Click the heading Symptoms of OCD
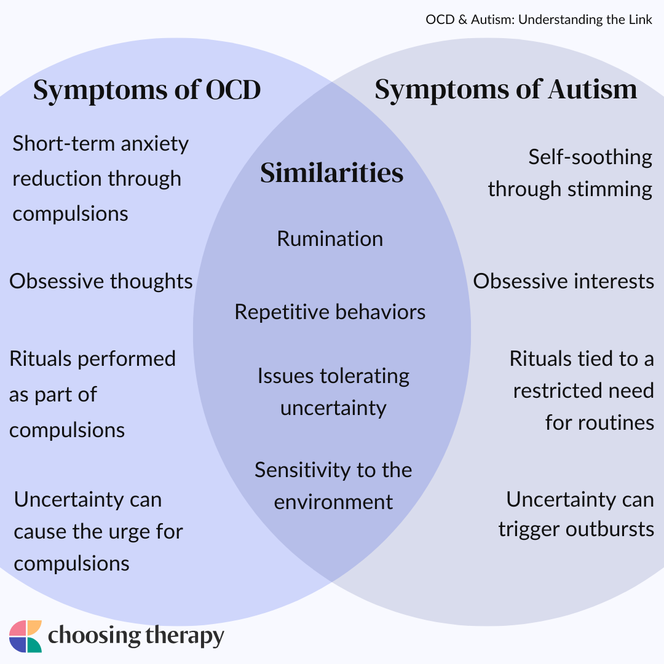(x=147, y=90)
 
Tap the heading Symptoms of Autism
(x=505, y=90)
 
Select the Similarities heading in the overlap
(x=331, y=173)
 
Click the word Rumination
(x=330, y=239)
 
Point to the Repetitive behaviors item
(x=330, y=312)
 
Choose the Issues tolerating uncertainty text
(x=333, y=392)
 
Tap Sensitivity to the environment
(x=333, y=486)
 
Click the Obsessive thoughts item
(x=101, y=281)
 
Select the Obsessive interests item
(x=563, y=281)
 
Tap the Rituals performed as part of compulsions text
(x=92, y=393)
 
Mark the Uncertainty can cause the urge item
(x=98, y=531)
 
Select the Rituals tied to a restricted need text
(x=582, y=390)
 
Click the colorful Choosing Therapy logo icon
(x=25, y=636)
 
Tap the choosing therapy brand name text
(x=136, y=636)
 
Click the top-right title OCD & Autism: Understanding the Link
(x=539, y=20)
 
